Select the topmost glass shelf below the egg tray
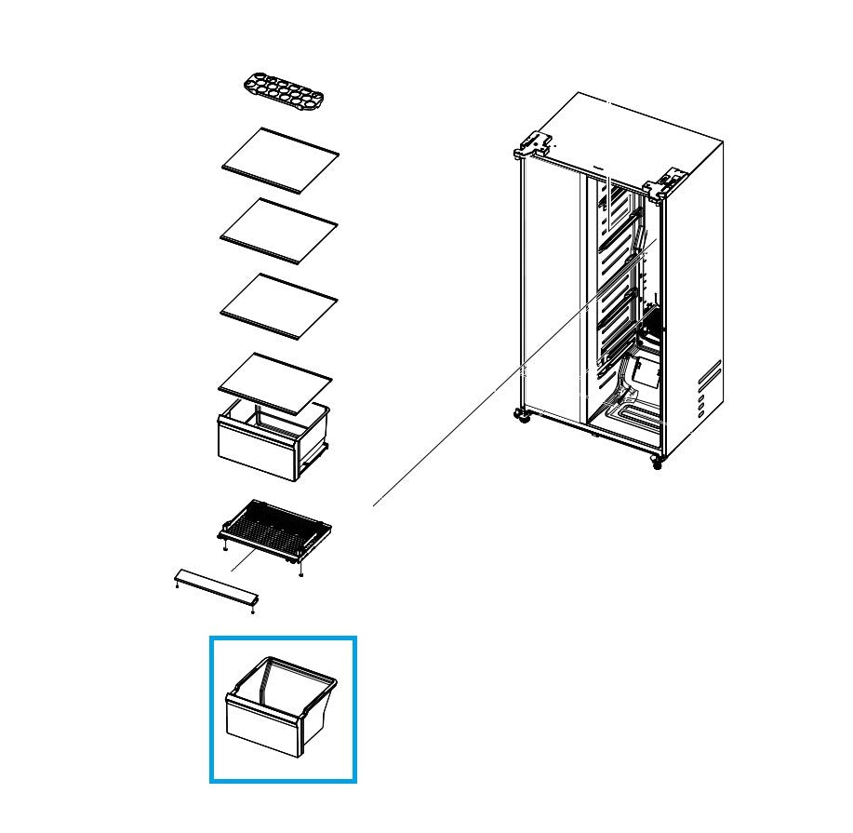tap(280, 160)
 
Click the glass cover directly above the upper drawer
tap(275, 382)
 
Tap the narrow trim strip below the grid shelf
tap(216, 588)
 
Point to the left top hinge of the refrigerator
tap(533, 144)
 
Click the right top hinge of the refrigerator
tap(665, 183)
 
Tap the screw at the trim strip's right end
tap(253, 610)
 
